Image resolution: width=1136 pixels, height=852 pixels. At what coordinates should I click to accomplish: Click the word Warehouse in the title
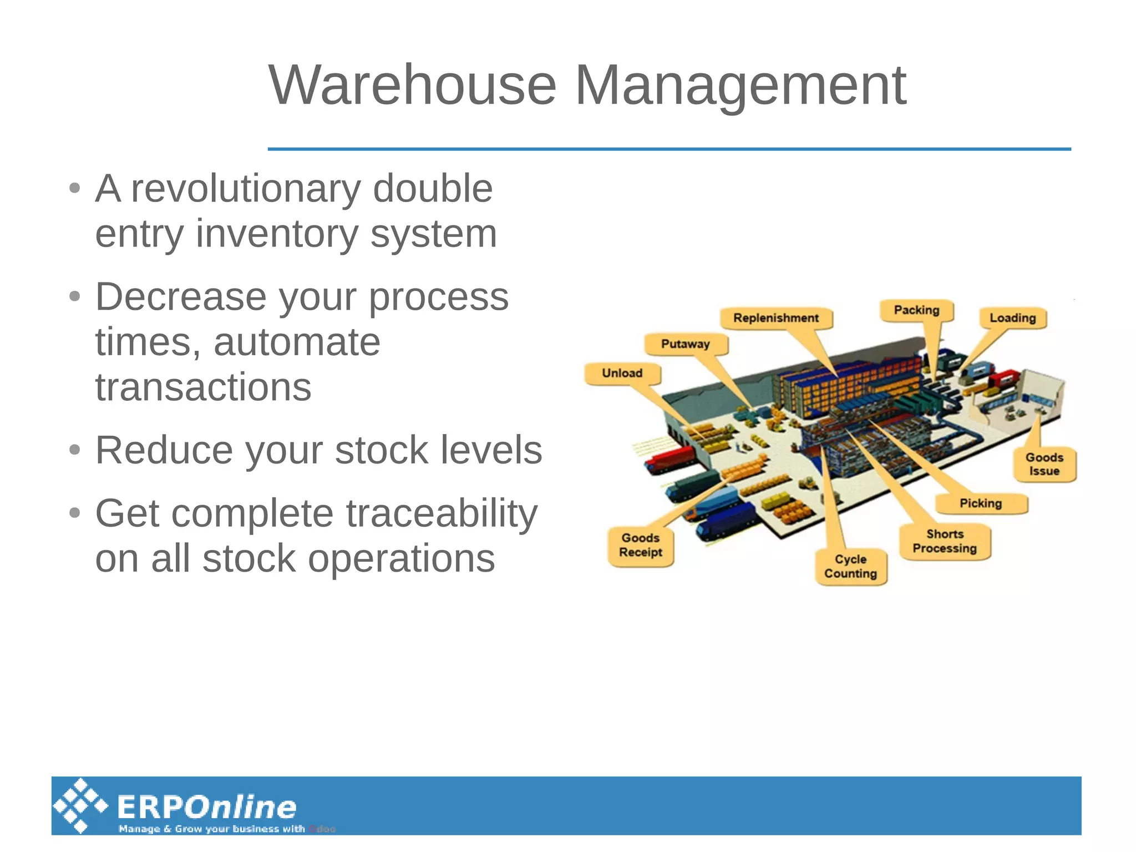[x=412, y=85]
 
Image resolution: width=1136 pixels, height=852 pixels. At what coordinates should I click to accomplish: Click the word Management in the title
[x=741, y=85]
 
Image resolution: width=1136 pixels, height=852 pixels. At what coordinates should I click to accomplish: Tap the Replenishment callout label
[x=776, y=318]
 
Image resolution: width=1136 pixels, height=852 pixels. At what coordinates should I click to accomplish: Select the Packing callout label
[x=916, y=310]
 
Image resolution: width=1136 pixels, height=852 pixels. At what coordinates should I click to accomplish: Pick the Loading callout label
[x=1012, y=318]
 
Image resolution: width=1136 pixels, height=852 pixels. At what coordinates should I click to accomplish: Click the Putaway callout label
[x=686, y=344]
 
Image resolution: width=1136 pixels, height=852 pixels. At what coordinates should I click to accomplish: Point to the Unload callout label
[x=622, y=374]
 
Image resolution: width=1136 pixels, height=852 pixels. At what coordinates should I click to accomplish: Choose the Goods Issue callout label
[x=1044, y=465]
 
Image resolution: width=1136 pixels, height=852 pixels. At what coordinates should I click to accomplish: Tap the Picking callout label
[x=981, y=503]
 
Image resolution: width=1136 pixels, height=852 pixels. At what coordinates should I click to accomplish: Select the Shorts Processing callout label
[x=945, y=541]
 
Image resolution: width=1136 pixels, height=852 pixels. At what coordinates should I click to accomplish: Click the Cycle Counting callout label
[x=851, y=566]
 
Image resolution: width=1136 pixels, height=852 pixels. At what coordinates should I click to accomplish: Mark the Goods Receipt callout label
[x=641, y=545]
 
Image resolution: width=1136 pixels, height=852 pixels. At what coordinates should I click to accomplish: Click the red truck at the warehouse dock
[x=669, y=461]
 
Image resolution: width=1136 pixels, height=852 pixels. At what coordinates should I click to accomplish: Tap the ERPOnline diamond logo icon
[x=80, y=805]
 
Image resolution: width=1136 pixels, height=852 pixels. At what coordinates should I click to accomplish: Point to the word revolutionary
[x=245, y=189]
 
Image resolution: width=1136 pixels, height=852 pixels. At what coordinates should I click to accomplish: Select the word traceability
[x=442, y=513]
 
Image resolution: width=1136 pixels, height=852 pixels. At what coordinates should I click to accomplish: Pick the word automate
[x=297, y=342]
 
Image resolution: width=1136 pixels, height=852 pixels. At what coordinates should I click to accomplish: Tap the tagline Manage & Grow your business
[x=211, y=829]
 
